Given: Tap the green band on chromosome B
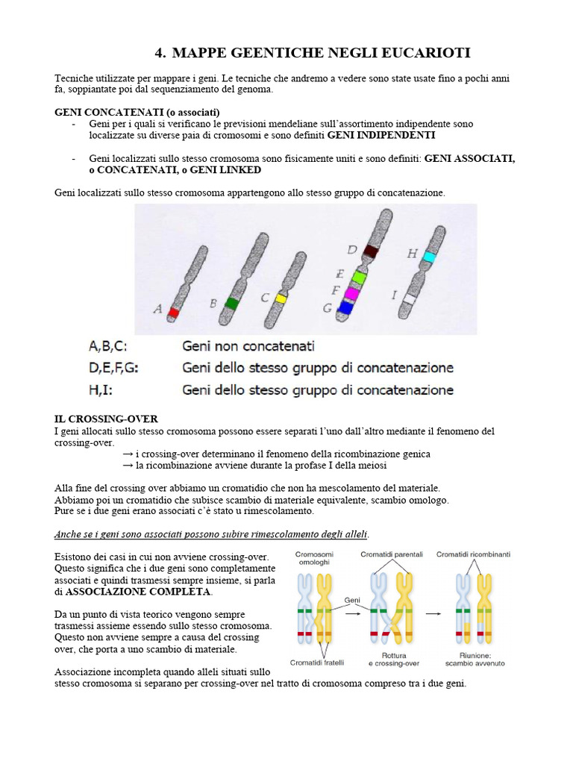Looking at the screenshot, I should [x=232, y=304].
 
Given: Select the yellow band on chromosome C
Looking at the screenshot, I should [x=281, y=298].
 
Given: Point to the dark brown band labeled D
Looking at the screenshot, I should [x=369, y=251].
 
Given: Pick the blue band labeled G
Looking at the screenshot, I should [x=345, y=306].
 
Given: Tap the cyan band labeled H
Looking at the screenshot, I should [x=429, y=256].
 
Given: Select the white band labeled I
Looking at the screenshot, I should [x=409, y=299].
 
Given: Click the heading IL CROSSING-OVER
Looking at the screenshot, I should [x=106, y=419].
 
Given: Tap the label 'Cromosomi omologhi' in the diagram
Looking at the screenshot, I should [x=315, y=559].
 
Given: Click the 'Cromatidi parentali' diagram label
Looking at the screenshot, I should [x=391, y=554].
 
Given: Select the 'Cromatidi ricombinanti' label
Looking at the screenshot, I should [x=473, y=554].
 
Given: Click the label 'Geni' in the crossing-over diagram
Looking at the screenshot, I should [x=352, y=599].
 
